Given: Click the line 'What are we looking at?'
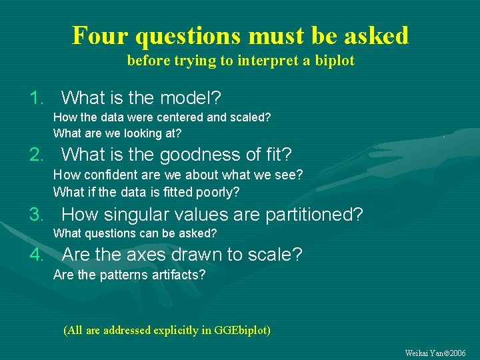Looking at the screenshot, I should tap(117, 133).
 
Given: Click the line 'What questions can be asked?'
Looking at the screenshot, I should tap(135, 233).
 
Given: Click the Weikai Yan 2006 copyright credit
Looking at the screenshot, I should tap(435, 353).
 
